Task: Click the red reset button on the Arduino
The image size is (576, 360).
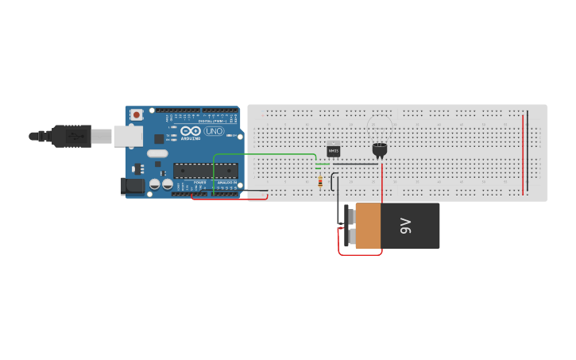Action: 137,114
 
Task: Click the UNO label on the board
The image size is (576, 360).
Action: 215,131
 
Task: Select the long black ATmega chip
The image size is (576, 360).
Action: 205,170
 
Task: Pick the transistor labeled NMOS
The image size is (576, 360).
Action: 334,149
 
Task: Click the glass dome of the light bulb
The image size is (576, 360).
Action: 380,125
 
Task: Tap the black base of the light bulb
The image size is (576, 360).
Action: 380,149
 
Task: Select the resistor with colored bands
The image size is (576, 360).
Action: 319,182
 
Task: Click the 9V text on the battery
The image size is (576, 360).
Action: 405,226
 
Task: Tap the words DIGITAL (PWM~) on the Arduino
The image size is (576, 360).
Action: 213,120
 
